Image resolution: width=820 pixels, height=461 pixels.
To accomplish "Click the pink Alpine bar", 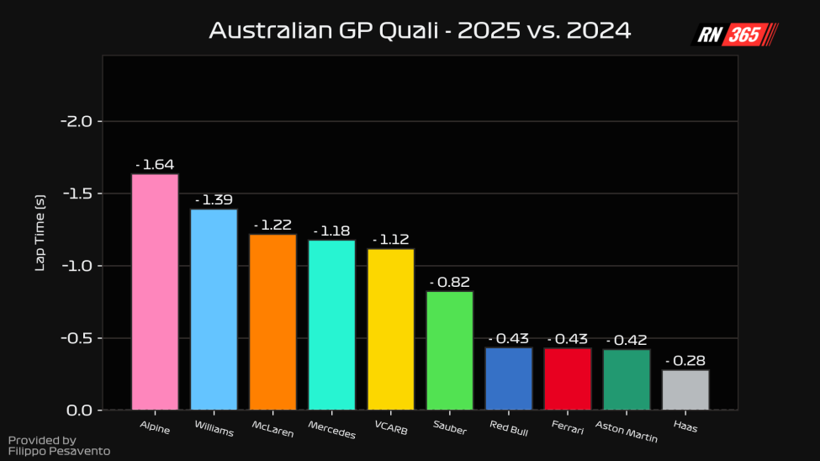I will [x=155, y=292].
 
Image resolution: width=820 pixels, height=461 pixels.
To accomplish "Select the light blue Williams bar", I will [x=214, y=310].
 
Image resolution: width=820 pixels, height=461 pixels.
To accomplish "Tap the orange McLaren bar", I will [x=272, y=322].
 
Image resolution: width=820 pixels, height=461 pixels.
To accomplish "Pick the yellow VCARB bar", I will [x=390, y=329].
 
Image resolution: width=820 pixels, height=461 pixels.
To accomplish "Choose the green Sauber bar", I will [x=450, y=351].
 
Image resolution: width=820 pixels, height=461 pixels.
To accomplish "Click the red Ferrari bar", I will [x=568, y=379].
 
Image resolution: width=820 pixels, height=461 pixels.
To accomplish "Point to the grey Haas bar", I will [x=685, y=389].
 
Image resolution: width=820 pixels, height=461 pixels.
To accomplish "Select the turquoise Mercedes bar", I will [x=331, y=325].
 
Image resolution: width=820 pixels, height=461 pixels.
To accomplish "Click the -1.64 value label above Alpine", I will [x=155, y=165].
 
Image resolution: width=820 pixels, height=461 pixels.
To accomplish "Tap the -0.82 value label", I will [x=450, y=283].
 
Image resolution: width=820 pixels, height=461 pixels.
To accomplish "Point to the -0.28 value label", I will [x=685, y=361].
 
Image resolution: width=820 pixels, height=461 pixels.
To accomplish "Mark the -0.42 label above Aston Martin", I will [x=627, y=341].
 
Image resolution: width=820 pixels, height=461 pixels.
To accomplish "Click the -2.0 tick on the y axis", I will [x=82, y=121].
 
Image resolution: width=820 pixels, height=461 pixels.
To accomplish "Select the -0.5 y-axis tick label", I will [x=82, y=338].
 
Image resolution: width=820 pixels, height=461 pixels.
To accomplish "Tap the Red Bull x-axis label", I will [x=510, y=425].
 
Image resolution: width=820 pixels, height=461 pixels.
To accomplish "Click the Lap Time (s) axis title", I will [x=40, y=232].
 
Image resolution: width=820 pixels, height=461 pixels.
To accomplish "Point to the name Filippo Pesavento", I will [x=59, y=452].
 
